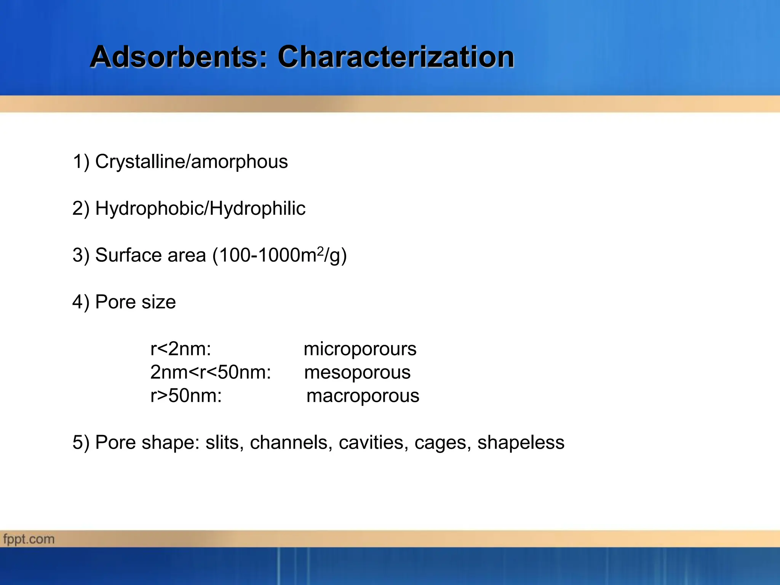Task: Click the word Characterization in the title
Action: point(396,57)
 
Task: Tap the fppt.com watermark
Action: point(29,539)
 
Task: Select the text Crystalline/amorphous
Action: point(191,161)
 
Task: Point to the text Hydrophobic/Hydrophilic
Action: point(200,208)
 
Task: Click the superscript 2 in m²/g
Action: point(320,251)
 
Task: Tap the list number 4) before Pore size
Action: point(81,302)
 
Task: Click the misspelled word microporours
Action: point(360,349)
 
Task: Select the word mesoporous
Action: point(357,372)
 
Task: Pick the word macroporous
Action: point(363,396)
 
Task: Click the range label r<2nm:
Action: point(181,349)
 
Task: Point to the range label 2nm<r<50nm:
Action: point(211,372)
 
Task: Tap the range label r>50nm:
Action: point(186,396)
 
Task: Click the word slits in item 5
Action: point(222,443)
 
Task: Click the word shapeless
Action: point(521,443)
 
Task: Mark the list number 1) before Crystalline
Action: point(81,161)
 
